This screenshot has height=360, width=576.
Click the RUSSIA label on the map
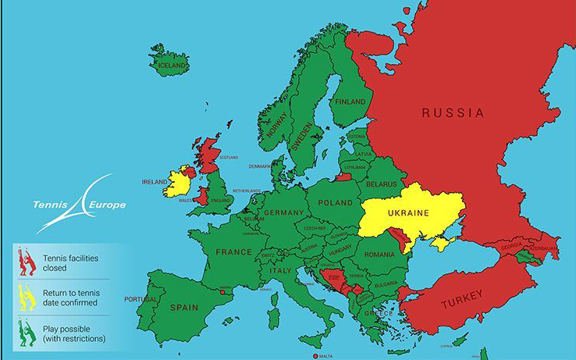pyautogui.click(x=453, y=113)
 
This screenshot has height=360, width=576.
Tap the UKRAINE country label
pyautogui.click(x=409, y=213)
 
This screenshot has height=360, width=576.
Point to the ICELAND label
pyautogui.click(x=172, y=66)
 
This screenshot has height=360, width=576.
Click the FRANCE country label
pyautogui.click(x=234, y=252)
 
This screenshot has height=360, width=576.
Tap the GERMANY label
pyautogui.click(x=283, y=213)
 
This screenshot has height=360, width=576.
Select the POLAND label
pyautogui.click(x=335, y=203)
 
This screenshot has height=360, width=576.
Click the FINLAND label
pyautogui.click(x=350, y=102)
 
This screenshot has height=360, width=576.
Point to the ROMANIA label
pyautogui.click(x=379, y=255)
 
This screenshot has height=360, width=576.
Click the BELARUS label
pyautogui.click(x=382, y=184)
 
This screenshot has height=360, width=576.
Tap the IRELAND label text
pyautogui.click(x=155, y=182)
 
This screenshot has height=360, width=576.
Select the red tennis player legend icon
pyautogui.click(x=27, y=262)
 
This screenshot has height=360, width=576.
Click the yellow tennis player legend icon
pyautogui.click(x=27, y=298)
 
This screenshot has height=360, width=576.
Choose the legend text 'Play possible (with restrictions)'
pyautogui.click(x=74, y=333)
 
